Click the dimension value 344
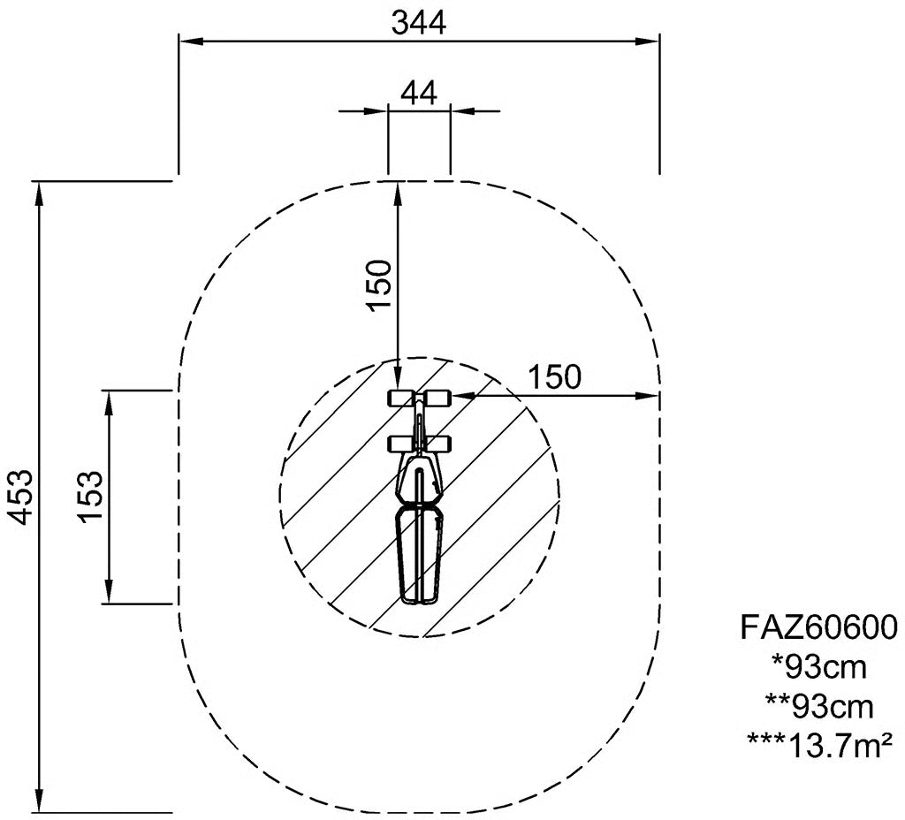coord(419,24)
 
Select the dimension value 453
coord(22,497)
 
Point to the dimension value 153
coord(91,497)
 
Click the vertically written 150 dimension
coord(379,285)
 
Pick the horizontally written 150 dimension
coord(555,377)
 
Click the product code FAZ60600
coord(819,626)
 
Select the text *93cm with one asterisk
coord(819,668)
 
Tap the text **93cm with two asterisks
coord(819,707)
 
